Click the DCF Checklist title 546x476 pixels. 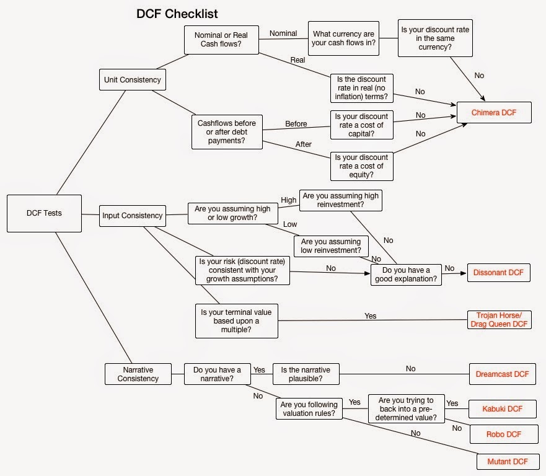coord(177,13)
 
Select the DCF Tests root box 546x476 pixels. coord(44,213)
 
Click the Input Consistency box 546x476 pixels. coord(133,216)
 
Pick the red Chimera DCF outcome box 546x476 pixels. coord(494,112)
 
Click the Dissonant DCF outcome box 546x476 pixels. coord(499,273)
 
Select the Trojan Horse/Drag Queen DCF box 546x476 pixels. coord(499,320)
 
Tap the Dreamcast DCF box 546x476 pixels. coord(502,374)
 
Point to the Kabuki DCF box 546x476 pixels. coord(502,409)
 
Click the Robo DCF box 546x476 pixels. coord(504,434)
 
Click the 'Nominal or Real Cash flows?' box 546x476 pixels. coord(221,40)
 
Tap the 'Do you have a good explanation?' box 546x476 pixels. coord(405,274)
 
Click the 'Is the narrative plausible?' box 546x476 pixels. coord(306,374)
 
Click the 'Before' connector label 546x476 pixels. coord(296,123)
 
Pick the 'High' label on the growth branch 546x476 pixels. coord(289,200)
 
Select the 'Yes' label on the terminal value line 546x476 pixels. coord(370,315)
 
